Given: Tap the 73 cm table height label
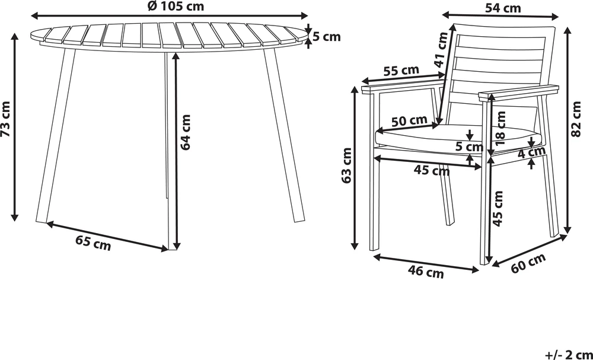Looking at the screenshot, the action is pyautogui.click(x=6, y=119).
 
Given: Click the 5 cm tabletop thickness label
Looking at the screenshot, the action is pyautogui.click(x=327, y=37).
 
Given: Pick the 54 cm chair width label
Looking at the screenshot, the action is pyautogui.click(x=503, y=8).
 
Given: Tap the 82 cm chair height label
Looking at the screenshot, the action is pyautogui.click(x=576, y=119).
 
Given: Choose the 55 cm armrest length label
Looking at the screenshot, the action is pyautogui.click(x=401, y=71).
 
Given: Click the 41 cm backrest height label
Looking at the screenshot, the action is pyautogui.click(x=441, y=50).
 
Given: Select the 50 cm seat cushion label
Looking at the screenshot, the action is pyautogui.click(x=409, y=122).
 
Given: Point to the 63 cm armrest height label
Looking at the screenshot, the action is pyautogui.click(x=346, y=165).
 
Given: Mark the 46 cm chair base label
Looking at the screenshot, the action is pyautogui.click(x=426, y=272).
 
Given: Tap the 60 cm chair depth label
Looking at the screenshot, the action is pyautogui.click(x=528, y=263).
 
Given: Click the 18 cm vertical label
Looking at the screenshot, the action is pyautogui.click(x=500, y=129).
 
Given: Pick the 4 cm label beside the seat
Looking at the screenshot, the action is pyautogui.click(x=531, y=153).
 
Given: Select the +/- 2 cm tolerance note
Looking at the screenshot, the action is pyautogui.click(x=568, y=355).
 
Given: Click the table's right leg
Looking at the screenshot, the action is pyautogui.click(x=283, y=135).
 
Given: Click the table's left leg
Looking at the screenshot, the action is pyautogui.click(x=56, y=135).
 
